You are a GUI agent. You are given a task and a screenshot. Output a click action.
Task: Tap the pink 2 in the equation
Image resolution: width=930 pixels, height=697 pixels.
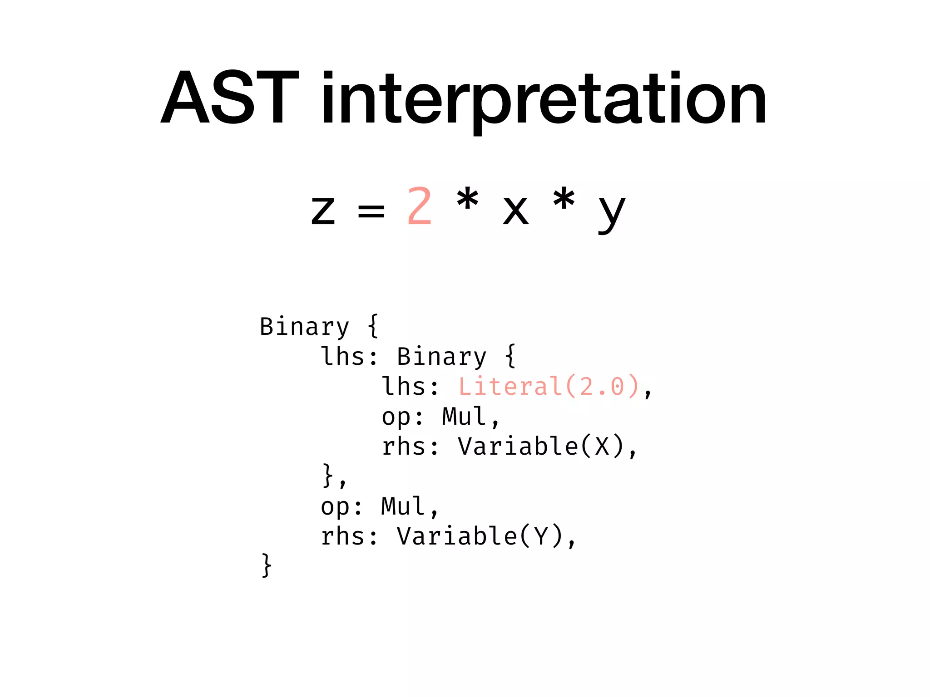[419, 206]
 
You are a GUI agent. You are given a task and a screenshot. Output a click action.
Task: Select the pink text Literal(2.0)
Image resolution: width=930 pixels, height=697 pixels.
[549, 387]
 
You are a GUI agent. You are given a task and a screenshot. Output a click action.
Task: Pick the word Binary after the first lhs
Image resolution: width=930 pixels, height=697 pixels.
[441, 357]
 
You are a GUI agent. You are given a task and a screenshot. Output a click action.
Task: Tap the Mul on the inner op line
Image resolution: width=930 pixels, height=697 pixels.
[464, 416]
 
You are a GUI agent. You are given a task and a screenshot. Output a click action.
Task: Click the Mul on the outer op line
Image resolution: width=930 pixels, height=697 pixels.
[403, 506]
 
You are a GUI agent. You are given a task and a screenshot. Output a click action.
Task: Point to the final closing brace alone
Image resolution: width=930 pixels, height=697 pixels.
[267, 565]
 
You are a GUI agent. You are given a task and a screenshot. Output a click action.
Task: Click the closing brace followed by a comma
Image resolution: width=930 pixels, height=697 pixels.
[328, 476]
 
